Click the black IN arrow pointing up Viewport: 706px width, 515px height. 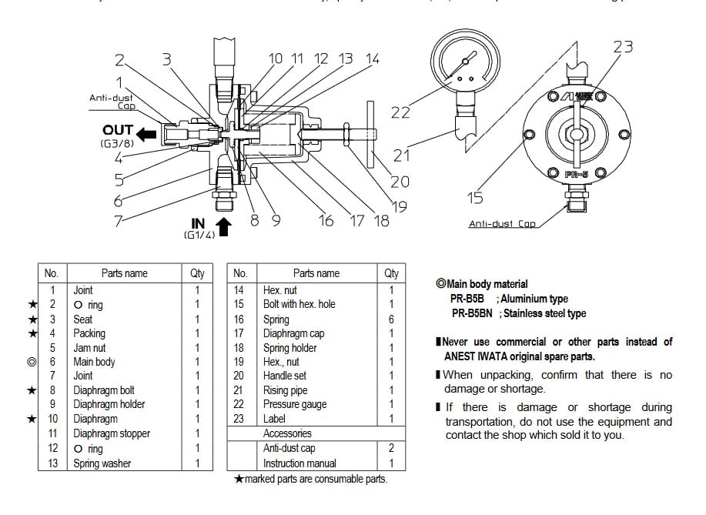(224, 226)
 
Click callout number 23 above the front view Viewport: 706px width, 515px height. (623, 46)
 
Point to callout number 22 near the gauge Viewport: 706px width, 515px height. (400, 112)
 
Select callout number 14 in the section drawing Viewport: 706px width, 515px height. (372, 59)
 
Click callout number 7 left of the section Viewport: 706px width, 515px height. (119, 221)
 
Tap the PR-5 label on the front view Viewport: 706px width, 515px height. (577, 175)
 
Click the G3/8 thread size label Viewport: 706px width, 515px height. (115, 144)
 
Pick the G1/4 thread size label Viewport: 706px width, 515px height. (199, 234)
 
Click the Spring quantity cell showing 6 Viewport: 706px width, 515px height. (391, 319)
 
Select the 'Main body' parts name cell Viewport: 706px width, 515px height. (94, 362)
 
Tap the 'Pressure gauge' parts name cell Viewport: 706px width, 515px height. (295, 404)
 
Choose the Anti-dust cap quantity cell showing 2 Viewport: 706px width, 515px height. (391, 448)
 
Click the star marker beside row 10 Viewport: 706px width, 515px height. (32, 419)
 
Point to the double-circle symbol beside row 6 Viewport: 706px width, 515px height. (32, 362)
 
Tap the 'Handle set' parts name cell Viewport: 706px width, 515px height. (285, 376)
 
